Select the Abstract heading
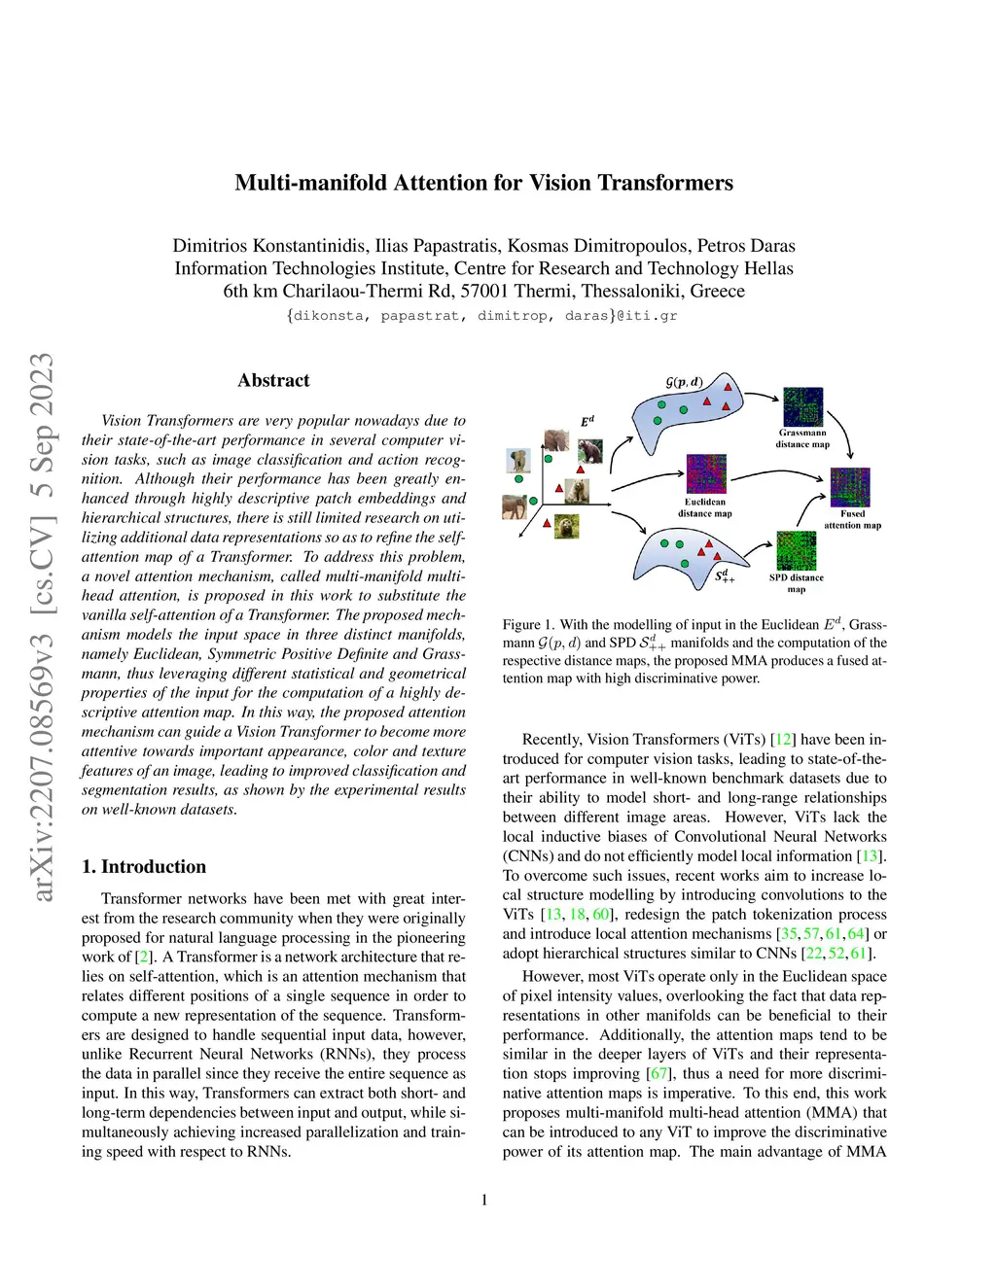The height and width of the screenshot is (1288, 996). [x=273, y=380]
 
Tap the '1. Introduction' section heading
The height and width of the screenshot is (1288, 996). [x=144, y=866]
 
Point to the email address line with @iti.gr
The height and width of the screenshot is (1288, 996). [x=482, y=315]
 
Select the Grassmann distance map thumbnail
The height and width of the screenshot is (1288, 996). [x=802, y=407]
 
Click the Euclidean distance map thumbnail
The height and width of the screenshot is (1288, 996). [x=706, y=474]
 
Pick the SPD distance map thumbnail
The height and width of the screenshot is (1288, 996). [x=797, y=551]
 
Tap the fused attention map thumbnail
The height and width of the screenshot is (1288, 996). [x=850, y=487]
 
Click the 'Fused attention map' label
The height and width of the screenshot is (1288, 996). [x=852, y=519]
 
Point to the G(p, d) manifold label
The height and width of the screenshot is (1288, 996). [x=684, y=382]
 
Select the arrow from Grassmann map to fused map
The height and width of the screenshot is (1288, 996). [x=840, y=428]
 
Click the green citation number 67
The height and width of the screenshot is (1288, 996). [x=658, y=1073]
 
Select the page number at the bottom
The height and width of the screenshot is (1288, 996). [x=484, y=1200]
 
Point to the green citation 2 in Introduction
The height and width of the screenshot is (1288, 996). [x=144, y=957]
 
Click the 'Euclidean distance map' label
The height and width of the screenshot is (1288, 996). [x=705, y=507]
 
